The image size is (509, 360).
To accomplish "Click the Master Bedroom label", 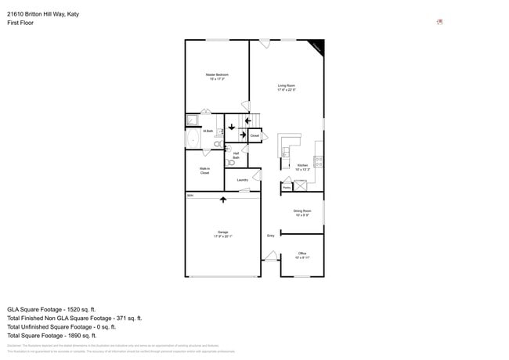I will point(217,77).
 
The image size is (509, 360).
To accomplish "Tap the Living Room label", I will point(286,88).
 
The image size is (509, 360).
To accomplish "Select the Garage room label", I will point(222,234).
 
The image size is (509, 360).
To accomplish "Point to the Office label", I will point(302,255).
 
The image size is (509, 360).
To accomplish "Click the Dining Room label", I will point(302,212).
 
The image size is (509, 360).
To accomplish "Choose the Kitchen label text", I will point(302,167).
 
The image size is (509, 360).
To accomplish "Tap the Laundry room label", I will point(243,180).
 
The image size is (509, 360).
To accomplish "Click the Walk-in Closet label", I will point(204,171).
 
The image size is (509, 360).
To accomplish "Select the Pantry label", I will point(287,187).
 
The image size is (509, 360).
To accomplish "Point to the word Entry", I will point(271,236).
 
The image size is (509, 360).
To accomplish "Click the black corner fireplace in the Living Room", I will point(316,46).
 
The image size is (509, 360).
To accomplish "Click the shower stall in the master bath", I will point(192,120).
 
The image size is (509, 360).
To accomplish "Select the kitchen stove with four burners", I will point(319,162).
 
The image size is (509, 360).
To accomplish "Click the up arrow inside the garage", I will point(223,200).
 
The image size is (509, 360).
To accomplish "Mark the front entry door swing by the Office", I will point(271,256).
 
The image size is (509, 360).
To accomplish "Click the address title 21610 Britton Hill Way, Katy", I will point(43,14).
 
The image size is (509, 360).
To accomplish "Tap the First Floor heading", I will point(20,23).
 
